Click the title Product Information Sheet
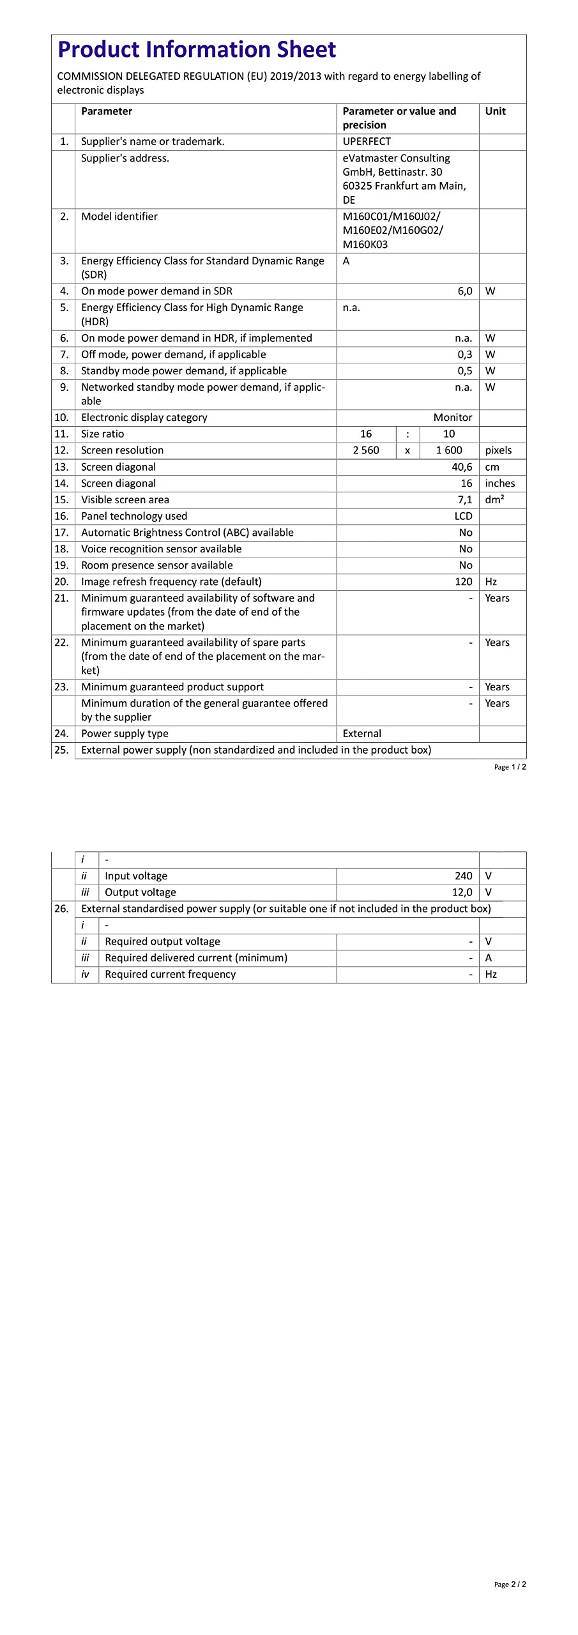197,50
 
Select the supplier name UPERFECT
367,142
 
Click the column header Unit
495,111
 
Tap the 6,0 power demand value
464,291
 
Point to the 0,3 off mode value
464,354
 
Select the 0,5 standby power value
464,371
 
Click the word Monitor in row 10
452,418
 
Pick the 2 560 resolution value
366,450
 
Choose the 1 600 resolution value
449,450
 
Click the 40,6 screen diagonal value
462,467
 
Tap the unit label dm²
494,499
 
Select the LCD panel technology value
463,516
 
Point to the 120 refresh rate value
463,582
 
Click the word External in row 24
361,734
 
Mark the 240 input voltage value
463,876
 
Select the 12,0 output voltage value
462,892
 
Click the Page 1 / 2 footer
510,767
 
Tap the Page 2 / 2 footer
510,1585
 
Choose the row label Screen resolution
122,450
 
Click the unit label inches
499,483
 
